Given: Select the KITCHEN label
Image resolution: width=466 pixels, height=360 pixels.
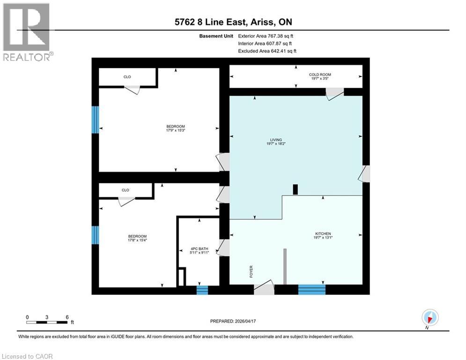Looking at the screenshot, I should tap(323, 235).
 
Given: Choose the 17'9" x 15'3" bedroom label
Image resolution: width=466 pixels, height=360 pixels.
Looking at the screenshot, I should tap(176, 128).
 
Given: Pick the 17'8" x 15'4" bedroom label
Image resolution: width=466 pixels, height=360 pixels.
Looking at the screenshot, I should tap(137, 238).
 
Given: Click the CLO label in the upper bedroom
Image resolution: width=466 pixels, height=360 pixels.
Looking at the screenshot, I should tap(127, 77).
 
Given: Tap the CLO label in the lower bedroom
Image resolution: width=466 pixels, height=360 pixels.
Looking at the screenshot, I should tap(125, 190).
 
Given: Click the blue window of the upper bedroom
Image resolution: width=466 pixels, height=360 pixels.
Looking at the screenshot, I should tap(95, 119).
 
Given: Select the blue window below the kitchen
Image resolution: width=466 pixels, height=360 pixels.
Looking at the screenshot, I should tap(311, 289).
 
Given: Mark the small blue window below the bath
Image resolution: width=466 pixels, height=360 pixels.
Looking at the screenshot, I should tap(202, 290).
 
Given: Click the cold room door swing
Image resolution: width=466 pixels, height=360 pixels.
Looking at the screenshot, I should tap(334, 94).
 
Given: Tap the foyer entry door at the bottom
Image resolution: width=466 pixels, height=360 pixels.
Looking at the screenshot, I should tap(264, 288).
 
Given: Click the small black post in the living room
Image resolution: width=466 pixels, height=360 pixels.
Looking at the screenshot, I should tap(295, 189).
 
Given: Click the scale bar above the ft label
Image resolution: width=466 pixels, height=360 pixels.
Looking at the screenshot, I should tap(47, 322).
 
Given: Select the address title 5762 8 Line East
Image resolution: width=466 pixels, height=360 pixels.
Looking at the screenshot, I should tap(233, 22).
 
